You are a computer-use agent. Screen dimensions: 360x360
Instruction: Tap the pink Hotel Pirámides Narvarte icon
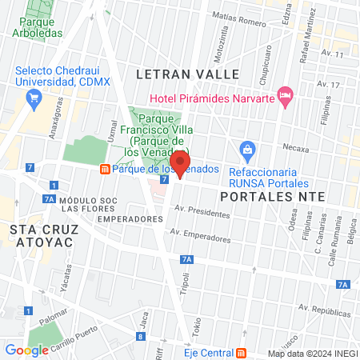click(x=286, y=96)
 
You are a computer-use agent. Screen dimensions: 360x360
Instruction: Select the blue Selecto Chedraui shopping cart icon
click(x=33, y=99)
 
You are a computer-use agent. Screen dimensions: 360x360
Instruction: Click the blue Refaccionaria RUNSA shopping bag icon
click(x=248, y=149)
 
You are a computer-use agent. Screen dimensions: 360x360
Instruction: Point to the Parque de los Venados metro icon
click(x=104, y=170)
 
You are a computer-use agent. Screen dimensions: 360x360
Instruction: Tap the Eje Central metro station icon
click(x=241, y=352)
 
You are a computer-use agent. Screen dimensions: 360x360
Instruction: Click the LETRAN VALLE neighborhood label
click(x=188, y=74)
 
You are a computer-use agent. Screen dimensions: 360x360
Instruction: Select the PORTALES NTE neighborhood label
click(x=271, y=195)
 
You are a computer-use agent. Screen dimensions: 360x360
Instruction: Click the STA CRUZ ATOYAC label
click(x=44, y=237)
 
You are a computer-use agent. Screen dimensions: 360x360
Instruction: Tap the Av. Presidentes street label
click(x=203, y=212)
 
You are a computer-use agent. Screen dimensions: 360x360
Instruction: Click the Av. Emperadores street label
click(x=200, y=236)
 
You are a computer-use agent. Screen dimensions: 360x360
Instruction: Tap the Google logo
click(x=26, y=350)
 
